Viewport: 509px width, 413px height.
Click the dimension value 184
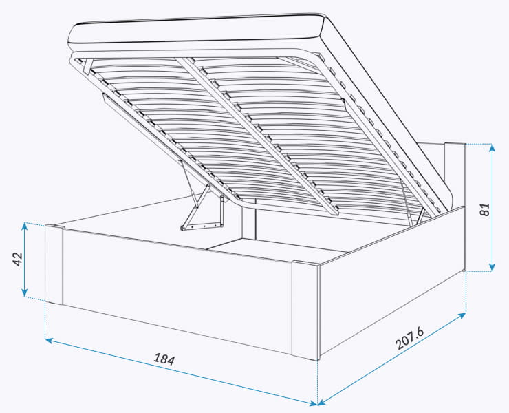[x=164, y=359]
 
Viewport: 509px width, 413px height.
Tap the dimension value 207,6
[x=410, y=338]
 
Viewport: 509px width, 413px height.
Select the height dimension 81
[x=484, y=209]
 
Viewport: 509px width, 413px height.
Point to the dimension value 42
[x=17, y=259]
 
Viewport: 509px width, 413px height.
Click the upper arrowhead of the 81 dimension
[x=492, y=148]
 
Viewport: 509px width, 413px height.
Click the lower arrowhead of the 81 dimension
[x=492, y=267]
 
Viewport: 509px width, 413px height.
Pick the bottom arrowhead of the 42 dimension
[x=25, y=293]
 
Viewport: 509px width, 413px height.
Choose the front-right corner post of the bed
[x=305, y=310]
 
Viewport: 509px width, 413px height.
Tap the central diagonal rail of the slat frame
[x=257, y=136]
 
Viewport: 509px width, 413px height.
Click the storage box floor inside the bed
[x=276, y=249]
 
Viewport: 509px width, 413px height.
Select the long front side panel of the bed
[x=177, y=291]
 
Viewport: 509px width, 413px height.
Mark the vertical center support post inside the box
[x=249, y=224]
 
